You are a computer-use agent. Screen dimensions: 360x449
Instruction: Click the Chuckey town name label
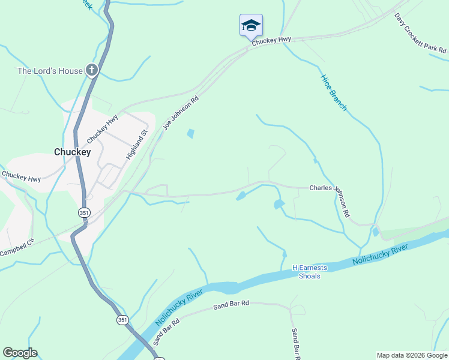coord(72,152)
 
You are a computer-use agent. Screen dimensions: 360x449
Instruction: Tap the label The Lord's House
coord(50,71)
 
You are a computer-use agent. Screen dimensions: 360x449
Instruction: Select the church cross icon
coord(91,71)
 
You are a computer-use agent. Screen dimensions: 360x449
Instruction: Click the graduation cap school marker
coord(251,25)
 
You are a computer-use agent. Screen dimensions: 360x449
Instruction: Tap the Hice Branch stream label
coord(334,92)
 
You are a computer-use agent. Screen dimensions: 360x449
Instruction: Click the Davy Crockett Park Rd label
coord(420,34)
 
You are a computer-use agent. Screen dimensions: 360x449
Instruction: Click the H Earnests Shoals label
coord(306,272)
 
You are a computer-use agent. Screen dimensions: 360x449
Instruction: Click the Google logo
coord(20,353)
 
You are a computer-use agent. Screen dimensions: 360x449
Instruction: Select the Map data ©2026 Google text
coord(412,355)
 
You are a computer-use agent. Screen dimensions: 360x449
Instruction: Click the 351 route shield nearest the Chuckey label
coord(84,212)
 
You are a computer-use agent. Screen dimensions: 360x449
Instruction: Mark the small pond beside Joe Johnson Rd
coord(191,134)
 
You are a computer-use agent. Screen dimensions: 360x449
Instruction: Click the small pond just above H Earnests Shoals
coord(285,255)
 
